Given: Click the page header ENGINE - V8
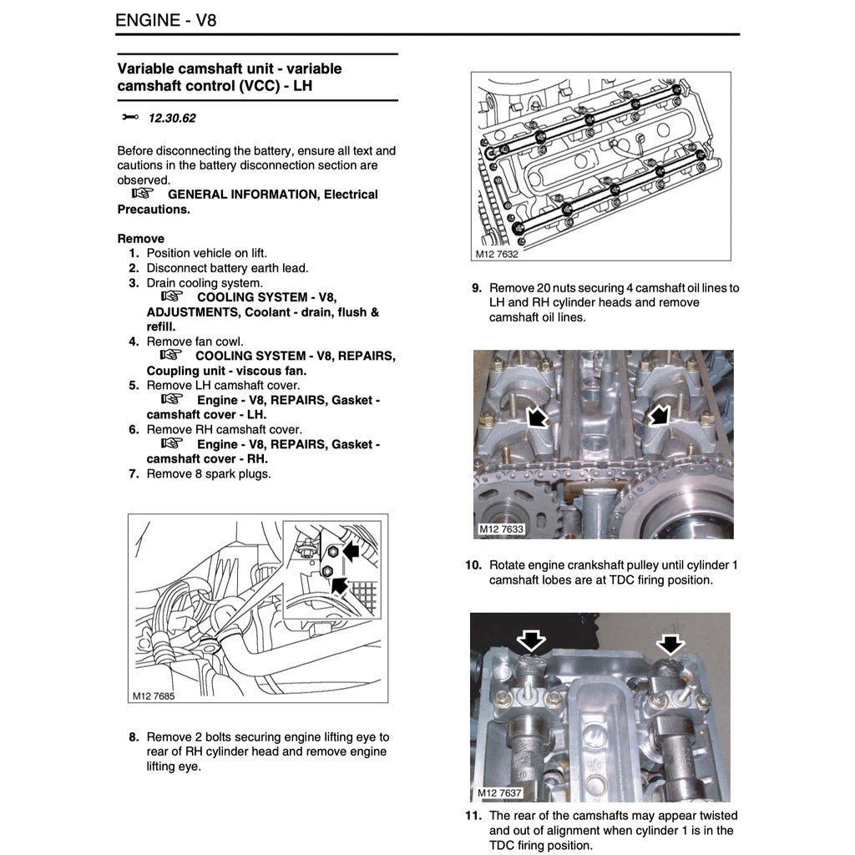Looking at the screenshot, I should pyautogui.click(x=166, y=19).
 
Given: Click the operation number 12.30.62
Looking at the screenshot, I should pyautogui.click(x=172, y=118).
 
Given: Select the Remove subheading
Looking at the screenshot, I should pyautogui.click(x=140, y=238).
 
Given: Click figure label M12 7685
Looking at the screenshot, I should pyautogui.click(x=153, y=695).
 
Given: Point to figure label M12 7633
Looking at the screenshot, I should pyautogui.click(x=501, y=529).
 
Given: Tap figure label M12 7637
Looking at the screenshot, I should pyautogui.click(x=499, y=792).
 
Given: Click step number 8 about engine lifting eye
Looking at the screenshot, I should pyautogui.click(x=134, y=736).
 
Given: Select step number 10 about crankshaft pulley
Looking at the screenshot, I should pyautogui.click(x=473, y=564).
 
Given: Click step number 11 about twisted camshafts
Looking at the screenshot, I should pyautogui.click(x=473, y=815).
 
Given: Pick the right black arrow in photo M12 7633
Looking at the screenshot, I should pyautogui.click(x=660, y=414).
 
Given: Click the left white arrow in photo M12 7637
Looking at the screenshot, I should pyautogui.click(x=531, y=641).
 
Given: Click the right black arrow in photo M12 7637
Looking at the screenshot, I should pyautogui.click(x=670, y=642).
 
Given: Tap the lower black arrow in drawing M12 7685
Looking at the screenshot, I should pyautogui.click(x=340, y=584).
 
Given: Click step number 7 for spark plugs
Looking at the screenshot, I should pyautogui.click(x=134, y=473).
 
